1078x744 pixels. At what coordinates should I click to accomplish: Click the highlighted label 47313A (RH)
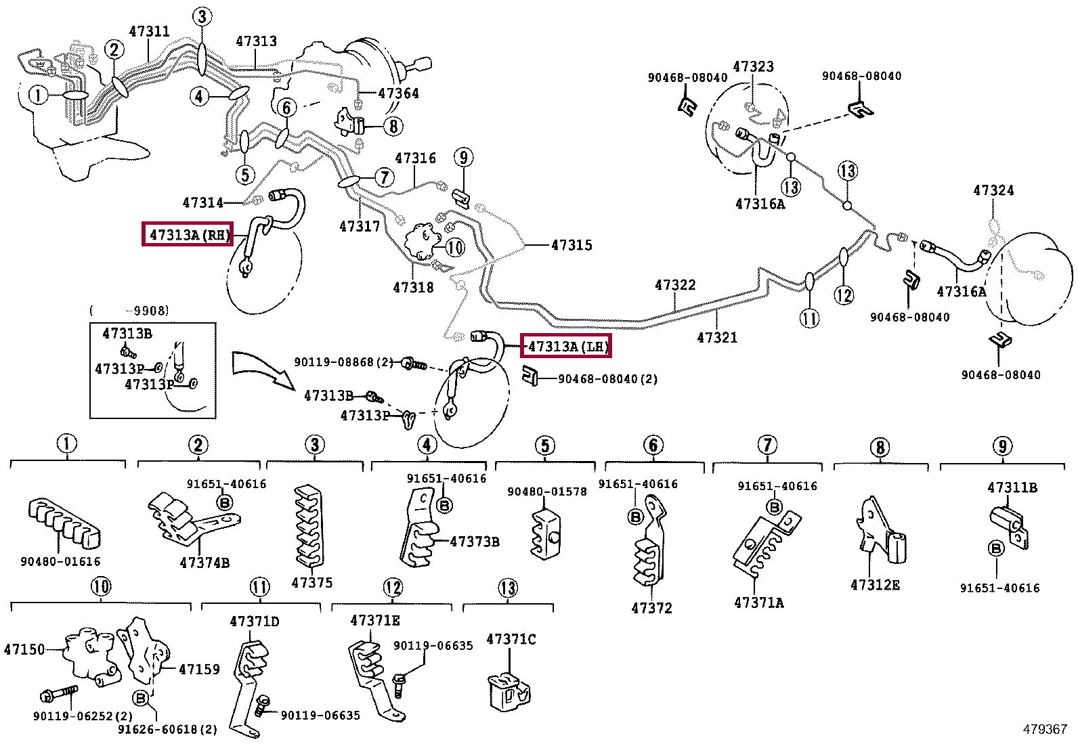point(187,234)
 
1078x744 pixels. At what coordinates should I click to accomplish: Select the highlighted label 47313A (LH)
point(565,345)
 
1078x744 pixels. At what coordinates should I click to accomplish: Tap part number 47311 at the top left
point(149,31)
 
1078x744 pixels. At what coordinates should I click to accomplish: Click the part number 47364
point(398,93)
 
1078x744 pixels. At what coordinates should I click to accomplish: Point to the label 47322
point(675,285)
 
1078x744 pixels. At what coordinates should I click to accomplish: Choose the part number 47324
point(993,190)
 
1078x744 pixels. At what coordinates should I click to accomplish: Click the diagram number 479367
point(1045,729)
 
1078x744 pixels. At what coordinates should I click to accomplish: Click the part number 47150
point(24,649)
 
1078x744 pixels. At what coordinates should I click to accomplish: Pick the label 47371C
point(511,639)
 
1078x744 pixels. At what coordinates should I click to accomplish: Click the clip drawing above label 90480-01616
point(64,523)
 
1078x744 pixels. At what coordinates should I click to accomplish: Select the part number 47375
point(312,582)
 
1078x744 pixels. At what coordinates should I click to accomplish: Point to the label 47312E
point(875,585)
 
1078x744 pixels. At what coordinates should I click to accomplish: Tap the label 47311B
point(1012,487)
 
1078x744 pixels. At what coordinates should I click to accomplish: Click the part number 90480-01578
point(546,491)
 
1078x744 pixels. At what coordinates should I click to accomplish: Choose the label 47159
point(199,669)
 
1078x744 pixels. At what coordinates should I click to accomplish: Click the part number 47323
point(753,66)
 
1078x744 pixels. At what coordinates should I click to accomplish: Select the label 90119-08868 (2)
point(343,362)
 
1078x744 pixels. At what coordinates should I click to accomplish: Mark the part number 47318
point(413,287)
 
